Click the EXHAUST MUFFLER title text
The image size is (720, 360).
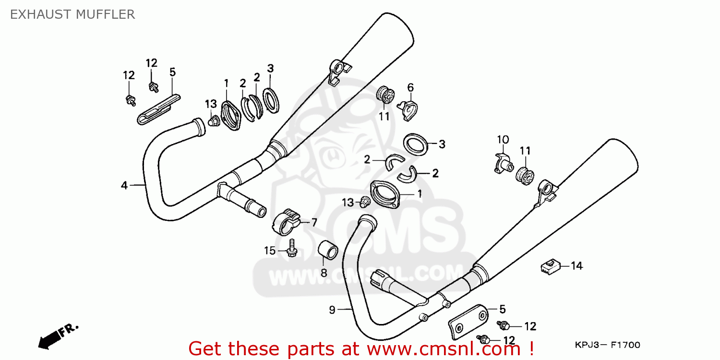point(72,14)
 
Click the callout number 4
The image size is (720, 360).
point(124,185)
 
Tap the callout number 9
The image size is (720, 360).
point(332,310)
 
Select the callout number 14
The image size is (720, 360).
point(576,266)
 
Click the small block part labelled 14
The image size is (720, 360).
point(551,266)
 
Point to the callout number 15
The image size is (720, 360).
point(270,251)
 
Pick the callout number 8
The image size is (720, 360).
point(324,273)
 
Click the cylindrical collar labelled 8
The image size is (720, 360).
point(328,250)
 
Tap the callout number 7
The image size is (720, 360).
point(314,222)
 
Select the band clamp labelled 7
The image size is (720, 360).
point(286,222)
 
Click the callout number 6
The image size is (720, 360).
point(410,87)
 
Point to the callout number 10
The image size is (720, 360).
point(503,140)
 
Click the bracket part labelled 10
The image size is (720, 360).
point(504,164)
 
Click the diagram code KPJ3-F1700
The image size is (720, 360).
point(608,345)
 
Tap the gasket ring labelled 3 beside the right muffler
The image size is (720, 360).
point(416,144)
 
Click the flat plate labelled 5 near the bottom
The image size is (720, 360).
point(468,322)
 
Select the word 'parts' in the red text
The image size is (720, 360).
point(311,349)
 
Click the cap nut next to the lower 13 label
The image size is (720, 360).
point(364,202)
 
